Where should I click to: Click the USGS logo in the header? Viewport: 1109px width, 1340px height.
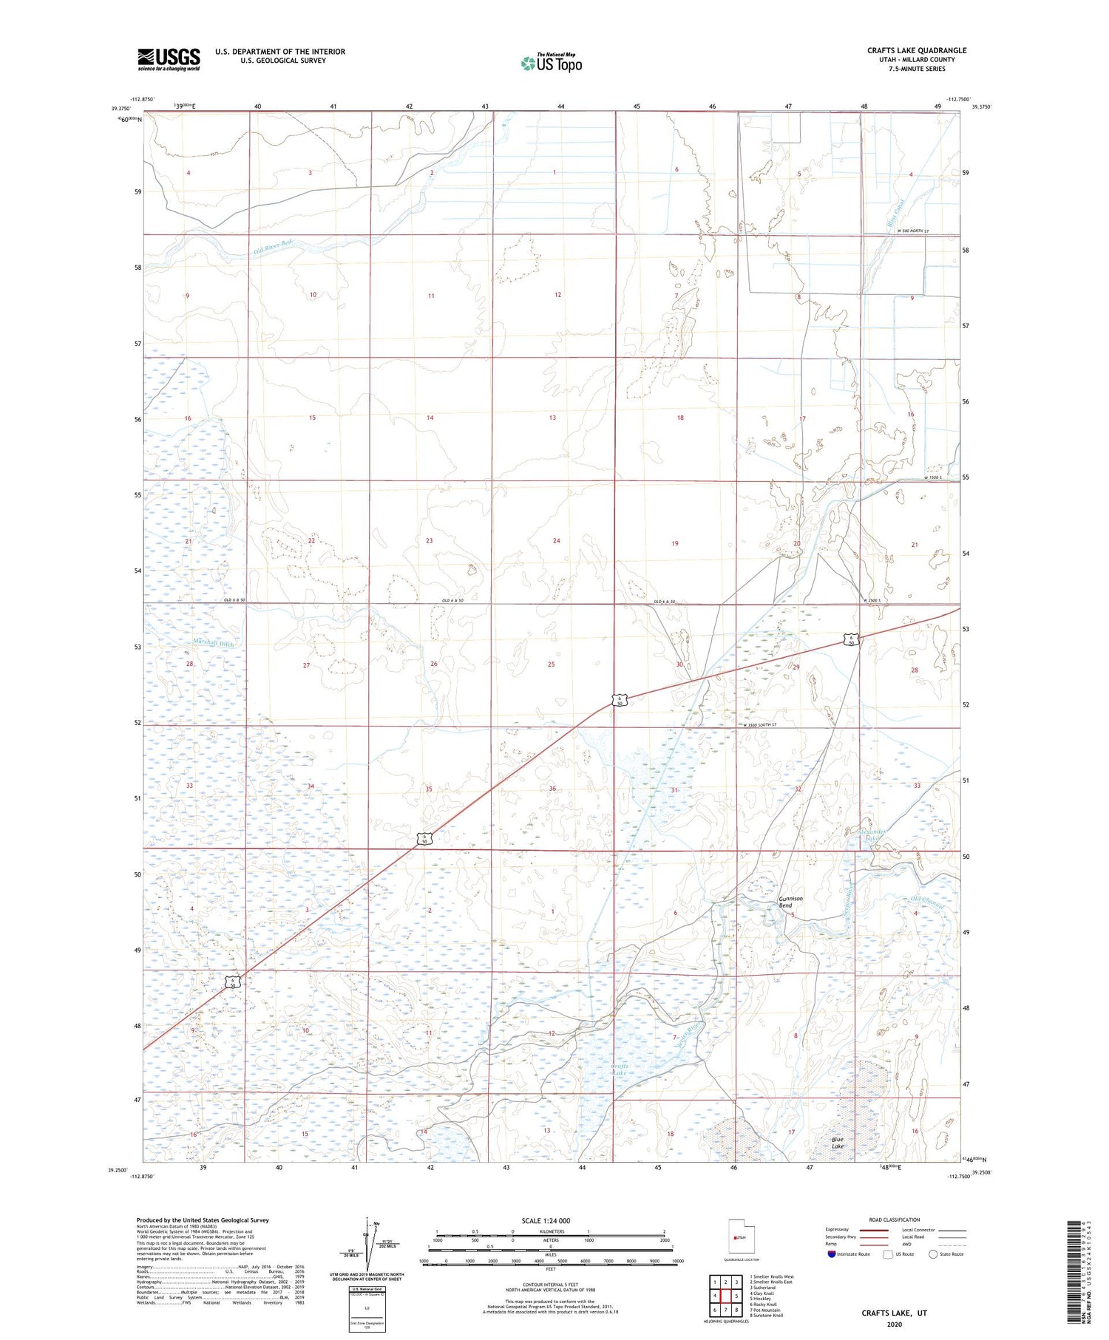(169, 59)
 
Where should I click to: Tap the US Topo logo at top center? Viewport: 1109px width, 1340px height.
(552, 63)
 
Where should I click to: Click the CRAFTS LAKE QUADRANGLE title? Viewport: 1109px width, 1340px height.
(917, 50)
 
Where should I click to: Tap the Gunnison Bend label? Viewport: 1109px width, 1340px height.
(790, 902)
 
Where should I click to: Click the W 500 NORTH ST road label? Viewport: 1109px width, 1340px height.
(912, 231)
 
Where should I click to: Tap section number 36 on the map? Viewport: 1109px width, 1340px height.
(552, 789)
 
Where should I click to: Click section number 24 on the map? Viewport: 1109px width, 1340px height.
(556, 541)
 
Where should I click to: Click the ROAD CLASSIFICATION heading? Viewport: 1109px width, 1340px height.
(895, 1220)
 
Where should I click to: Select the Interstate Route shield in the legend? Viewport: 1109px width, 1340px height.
(831, 1254)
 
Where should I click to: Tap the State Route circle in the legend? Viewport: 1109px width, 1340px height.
(933, 1254)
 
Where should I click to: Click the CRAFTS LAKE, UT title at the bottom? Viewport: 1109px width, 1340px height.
(894, 1313)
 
